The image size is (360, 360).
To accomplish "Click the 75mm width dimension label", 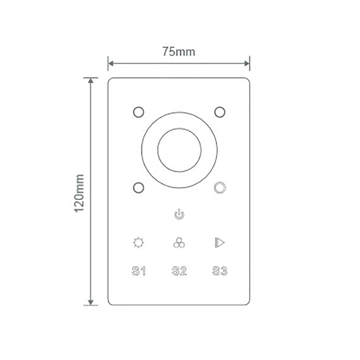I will [x=178, y=52].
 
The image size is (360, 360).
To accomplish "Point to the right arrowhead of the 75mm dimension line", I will [x=247, y=64].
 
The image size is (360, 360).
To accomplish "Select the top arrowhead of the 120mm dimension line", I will [x=91, y=80].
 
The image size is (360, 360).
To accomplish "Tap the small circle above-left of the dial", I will [x=139, y=112].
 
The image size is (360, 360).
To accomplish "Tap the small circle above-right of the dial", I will [x=220, y=112].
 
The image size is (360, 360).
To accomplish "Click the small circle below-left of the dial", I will [x=139, y=188].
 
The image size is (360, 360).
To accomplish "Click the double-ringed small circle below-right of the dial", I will [x=220, y=188].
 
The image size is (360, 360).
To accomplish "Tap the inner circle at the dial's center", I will [x=179, y=150].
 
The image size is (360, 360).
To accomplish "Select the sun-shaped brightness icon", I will [x=138, y=243].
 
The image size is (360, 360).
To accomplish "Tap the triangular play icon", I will [x=219, y=243].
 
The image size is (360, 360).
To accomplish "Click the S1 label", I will [x=139, y=271].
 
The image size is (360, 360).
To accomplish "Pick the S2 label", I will [x=179, y=271].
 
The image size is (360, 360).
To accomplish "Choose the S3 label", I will [x=220, y=271].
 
